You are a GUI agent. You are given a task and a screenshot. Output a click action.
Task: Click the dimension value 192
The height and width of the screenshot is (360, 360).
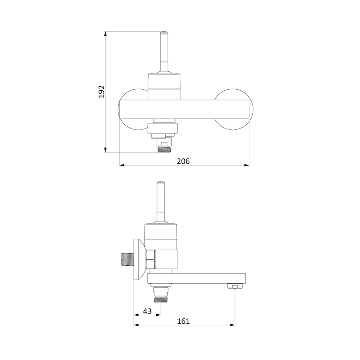[102, 91]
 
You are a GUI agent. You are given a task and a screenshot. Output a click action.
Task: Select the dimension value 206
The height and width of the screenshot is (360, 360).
[183, 161]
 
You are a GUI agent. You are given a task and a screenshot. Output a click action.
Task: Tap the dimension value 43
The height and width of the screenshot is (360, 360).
[147, 311]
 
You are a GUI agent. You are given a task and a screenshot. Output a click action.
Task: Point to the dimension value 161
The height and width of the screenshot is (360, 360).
[183, 321]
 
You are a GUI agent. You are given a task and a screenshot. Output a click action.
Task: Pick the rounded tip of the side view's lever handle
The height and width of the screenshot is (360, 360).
[160, 183]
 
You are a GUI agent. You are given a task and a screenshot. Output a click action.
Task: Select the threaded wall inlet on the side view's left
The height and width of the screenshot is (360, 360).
[127, 260]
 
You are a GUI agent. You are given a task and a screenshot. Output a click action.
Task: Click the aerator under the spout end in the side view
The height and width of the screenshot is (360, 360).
[234, 286]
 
